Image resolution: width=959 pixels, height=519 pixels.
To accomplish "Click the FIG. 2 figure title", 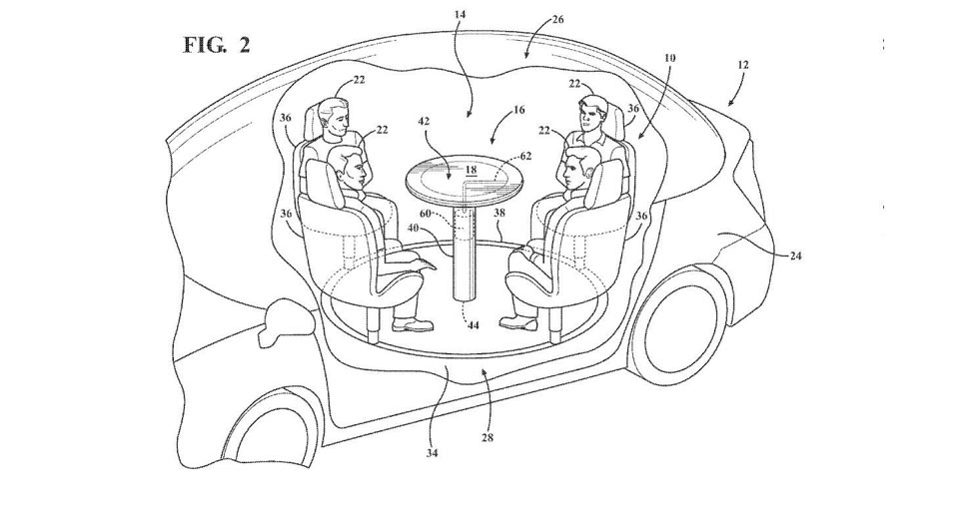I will click(x=217, y=45).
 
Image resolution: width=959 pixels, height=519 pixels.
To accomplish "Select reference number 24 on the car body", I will click(x=795, y=256).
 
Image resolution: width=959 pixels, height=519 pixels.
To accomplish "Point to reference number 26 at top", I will click(x=556, y=19).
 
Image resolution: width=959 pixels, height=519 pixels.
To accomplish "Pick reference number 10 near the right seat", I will click(x=668, y=58).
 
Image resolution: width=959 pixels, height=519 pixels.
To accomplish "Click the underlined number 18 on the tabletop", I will click(x=471, y=172).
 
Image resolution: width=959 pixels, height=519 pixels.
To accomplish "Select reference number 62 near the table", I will click(x=525, y=157).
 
